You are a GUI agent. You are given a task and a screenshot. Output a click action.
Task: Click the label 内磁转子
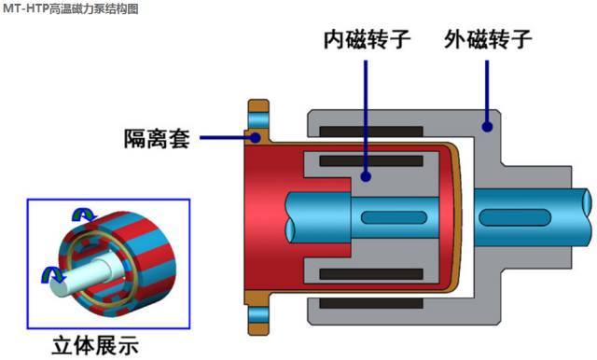tap(367, 39)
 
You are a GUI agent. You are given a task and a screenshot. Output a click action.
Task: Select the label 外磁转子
tap(488, 39)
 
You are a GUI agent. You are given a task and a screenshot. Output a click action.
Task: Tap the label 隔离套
tap(157, 139)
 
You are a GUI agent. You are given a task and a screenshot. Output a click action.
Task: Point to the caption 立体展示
tap(95, 345)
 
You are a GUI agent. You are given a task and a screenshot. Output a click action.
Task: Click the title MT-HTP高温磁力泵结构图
tap(71, 8)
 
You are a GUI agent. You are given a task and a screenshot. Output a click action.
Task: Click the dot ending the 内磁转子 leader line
tap(366, 176)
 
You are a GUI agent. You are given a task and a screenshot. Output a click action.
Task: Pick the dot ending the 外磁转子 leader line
tap(487, 127)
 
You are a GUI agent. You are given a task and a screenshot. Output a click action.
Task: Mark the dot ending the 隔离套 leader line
tap(256, 137)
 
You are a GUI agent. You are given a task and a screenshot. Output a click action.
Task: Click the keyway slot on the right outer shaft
tap(515, 217)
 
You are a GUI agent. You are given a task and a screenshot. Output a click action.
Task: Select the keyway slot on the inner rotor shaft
tap(394, 217)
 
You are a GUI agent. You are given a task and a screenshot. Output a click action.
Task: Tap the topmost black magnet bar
tap(371, 132)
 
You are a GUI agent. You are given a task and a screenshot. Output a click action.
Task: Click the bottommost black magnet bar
tap(371, 303)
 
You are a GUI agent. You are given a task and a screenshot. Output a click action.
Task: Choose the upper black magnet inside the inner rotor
tap(371, 161)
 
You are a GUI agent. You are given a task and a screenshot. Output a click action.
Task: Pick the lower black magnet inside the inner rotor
tap(371, 274)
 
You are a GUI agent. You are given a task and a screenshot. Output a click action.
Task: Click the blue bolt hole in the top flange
tap(258, 120)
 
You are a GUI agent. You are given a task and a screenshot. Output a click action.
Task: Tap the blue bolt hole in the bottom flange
tap(258, 315)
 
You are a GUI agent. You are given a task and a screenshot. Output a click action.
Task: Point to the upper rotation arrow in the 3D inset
tap(84, 215)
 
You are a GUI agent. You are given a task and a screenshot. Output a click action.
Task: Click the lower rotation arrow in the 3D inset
tap(53, 275)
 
